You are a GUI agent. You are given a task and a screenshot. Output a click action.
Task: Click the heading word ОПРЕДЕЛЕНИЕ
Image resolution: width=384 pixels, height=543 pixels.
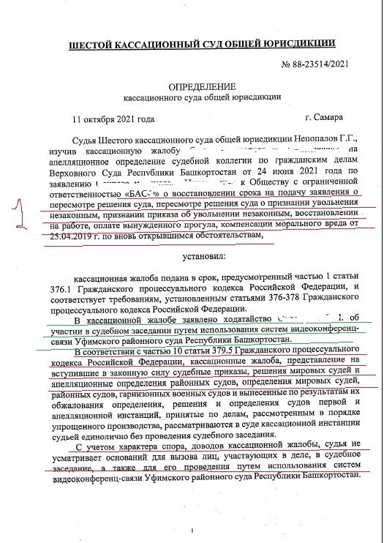192,86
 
